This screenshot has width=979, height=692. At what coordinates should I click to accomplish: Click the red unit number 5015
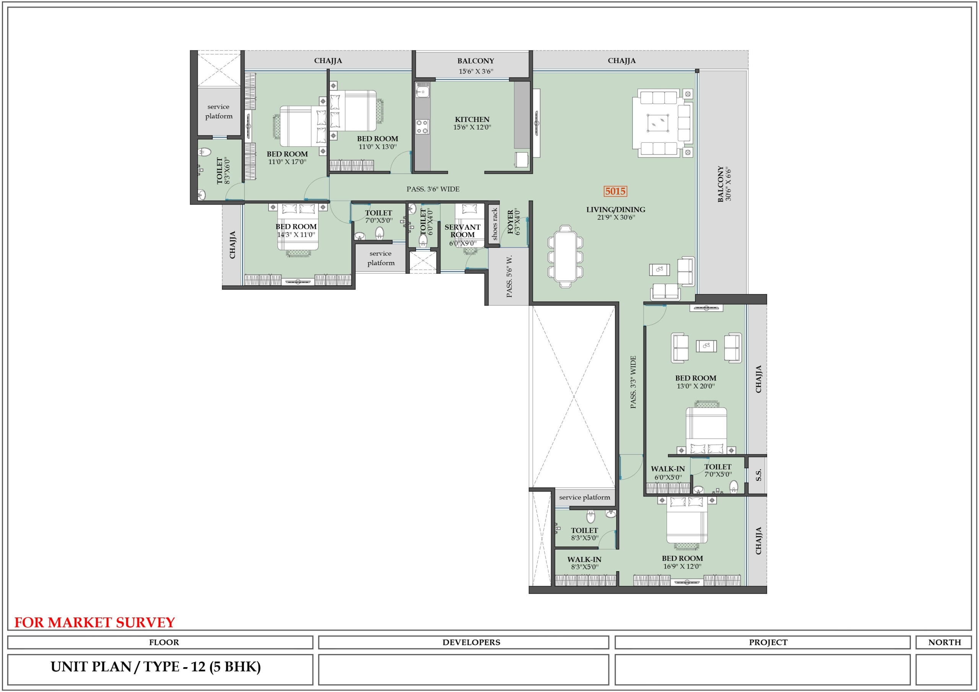(615, 191)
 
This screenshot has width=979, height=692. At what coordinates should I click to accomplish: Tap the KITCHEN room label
(472, 119)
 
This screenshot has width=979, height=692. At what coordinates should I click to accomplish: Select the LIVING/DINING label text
(616, 210)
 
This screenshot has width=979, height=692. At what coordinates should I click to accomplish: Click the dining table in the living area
(565, 256)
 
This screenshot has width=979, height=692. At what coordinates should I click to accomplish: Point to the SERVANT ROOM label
(463, 231)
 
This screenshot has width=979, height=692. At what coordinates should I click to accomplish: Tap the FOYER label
(511, 222)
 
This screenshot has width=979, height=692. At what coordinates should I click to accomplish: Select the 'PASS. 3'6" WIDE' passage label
(433, 189)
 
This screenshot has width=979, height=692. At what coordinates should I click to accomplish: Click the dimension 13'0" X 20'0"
(696, 386)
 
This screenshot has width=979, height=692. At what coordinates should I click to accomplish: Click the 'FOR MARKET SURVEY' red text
(95, 622)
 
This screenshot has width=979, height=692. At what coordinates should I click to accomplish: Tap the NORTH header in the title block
(945, 642)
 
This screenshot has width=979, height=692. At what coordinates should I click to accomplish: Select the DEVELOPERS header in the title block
(471, 642)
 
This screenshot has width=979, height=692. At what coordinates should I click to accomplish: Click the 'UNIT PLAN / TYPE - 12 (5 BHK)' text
(156, 666)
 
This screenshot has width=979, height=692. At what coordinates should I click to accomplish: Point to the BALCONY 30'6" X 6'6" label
(724, 184)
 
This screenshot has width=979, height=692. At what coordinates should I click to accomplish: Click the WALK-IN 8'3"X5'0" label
(584, 563)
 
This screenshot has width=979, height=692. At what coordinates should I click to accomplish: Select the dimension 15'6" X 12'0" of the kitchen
(472, 127)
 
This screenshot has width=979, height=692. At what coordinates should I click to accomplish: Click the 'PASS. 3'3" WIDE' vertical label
(633, 382)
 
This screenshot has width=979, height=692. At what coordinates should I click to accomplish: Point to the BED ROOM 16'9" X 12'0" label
(682, 562)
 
